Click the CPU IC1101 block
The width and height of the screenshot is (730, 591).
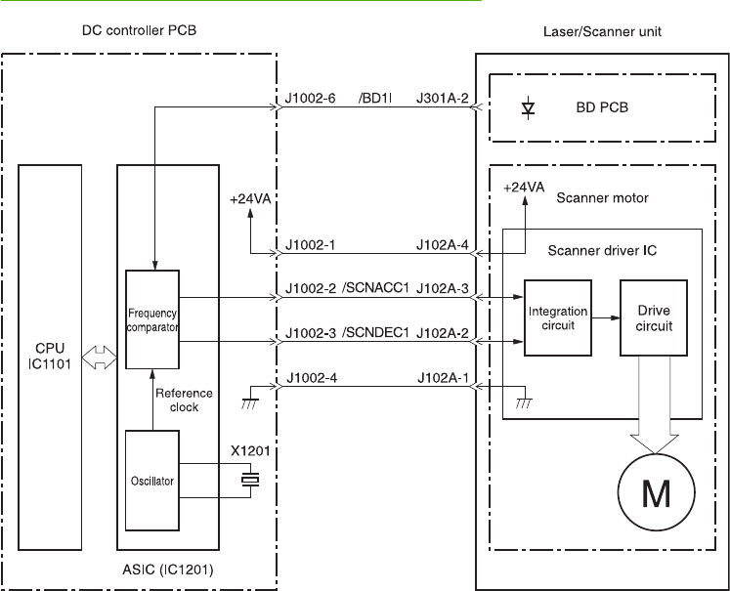[50, 357]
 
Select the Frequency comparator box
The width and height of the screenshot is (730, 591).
[152, 319]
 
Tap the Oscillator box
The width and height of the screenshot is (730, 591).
[152, 481]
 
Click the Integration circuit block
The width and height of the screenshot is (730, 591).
[558, 317]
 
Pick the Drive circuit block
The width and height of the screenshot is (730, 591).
[654, 317]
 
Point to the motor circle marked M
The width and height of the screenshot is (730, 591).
[657, 492]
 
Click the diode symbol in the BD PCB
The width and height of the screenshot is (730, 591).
[528, 108]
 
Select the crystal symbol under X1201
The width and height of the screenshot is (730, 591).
[250, 480]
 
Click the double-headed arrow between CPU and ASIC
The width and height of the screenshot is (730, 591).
[99, 358]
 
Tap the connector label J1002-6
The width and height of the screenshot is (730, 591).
[310, 99]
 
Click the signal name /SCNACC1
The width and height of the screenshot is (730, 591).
[375, 288]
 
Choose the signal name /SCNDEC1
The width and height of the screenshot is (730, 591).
[375, 333]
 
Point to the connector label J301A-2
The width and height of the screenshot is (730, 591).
[443, 99]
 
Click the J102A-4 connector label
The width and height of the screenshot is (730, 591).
[443, 245]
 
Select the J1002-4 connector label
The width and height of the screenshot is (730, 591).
[312, 377]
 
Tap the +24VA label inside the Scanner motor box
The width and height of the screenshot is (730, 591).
[524, 188]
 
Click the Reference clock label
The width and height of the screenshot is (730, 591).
[184, 401]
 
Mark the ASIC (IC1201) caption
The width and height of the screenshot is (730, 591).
[168, 570]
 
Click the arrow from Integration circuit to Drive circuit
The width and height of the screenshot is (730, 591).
[606, 317]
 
